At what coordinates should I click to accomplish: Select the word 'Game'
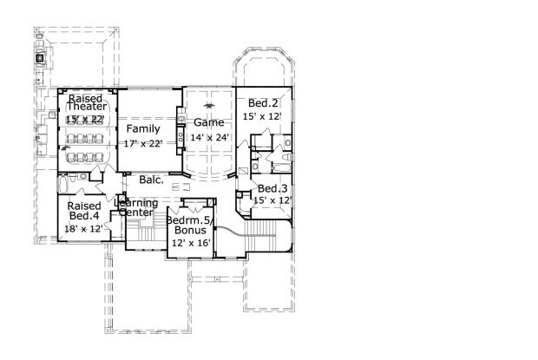pyautogui.click(x=208, y=122)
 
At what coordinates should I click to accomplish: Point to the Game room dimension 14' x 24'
pyautogui.click(x=208, y=136)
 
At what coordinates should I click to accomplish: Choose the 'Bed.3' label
pyautogui.click(x=272, y=188)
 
